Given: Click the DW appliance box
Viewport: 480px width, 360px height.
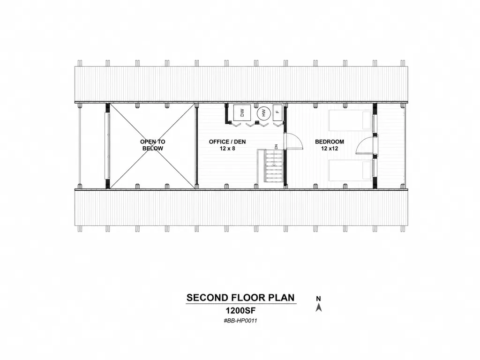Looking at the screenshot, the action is point(242,112).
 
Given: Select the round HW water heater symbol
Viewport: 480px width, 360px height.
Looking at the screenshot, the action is point(263,113).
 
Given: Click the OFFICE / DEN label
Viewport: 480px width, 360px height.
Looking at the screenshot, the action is point(227,142).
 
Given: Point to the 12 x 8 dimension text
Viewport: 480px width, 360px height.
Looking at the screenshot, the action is point(227,149).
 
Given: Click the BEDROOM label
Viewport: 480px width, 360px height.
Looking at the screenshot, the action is point(330,142).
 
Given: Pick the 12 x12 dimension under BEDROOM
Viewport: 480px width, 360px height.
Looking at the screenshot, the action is point(330,149).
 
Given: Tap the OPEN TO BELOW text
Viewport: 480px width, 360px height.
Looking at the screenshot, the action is point(153,145).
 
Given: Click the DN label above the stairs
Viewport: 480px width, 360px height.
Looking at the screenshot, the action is point(276,147).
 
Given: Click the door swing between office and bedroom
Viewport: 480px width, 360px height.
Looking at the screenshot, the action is point(293,141).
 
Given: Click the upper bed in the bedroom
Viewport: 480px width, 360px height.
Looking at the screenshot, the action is point(350,120).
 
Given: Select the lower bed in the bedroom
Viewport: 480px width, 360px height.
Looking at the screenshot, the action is point(350,170).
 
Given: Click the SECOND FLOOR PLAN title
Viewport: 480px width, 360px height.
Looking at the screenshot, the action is point(240,298).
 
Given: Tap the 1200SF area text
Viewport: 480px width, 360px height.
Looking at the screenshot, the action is point(240,311).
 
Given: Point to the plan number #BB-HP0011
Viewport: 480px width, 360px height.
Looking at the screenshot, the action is point(240,321).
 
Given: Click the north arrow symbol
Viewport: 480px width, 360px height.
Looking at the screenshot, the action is point(319,307).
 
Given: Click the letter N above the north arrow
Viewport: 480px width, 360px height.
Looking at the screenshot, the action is point(318,299).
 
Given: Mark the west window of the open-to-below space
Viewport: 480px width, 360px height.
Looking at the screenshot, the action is point(107,145).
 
